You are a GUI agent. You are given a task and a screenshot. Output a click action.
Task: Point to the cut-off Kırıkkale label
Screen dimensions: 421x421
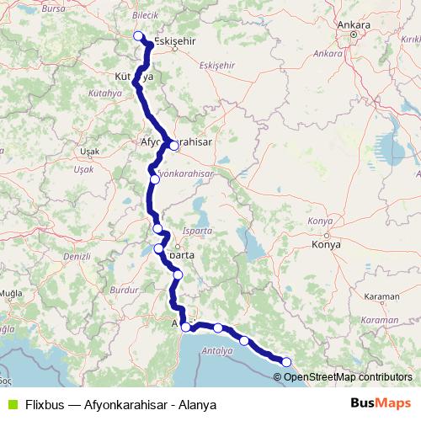(x=410, y=39)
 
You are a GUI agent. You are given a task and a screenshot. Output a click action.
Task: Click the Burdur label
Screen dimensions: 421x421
(x=124, y=289)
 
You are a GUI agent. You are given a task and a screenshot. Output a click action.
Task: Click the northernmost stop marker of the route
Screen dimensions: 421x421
(x=139, y=35)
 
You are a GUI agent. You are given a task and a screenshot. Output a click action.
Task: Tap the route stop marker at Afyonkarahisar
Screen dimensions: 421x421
(x=173, y=145)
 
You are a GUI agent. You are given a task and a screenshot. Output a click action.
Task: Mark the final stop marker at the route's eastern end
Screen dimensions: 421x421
(x=286, y=362)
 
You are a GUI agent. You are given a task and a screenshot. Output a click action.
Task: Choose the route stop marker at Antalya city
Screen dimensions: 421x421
(x=185, y=328)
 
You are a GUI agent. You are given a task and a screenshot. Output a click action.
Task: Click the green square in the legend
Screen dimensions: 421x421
(x=12, y=403)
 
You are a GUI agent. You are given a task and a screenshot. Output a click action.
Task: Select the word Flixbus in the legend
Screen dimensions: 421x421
(x=45, y=404)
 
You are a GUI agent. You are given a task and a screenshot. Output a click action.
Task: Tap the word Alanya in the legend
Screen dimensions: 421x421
(x=198, y=404)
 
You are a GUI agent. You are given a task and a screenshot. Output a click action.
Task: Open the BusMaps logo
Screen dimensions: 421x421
(x=381, y=403)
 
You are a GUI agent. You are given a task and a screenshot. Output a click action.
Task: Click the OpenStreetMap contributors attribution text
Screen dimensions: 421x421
(x=348, y=376)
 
